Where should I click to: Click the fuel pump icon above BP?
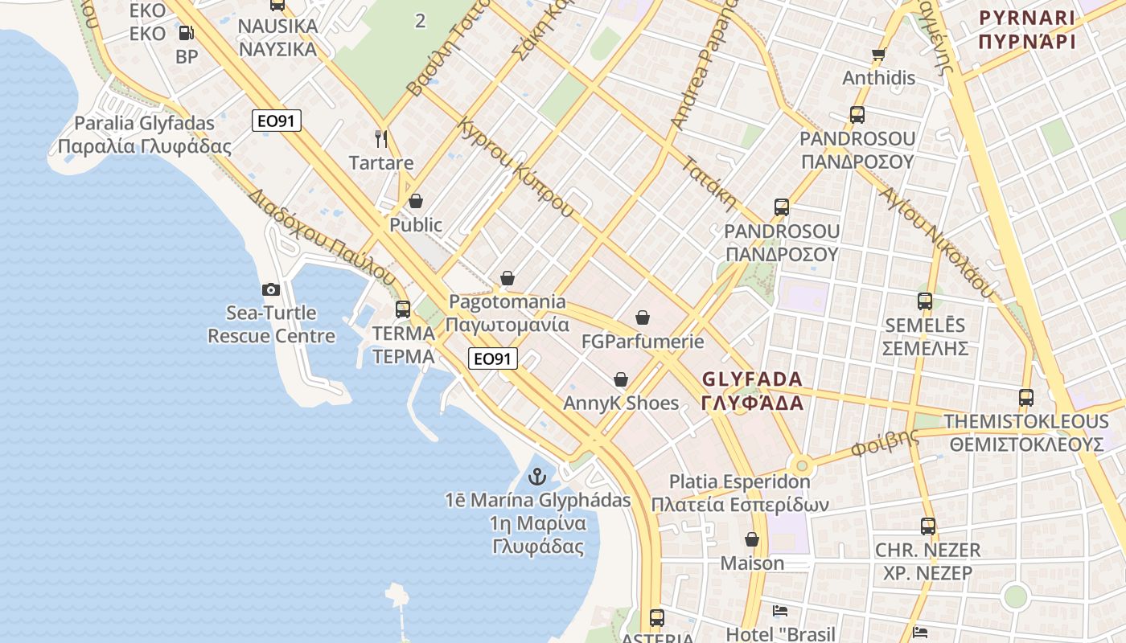click(186, 33)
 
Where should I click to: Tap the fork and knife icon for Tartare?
click(381, 138)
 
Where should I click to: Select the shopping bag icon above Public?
click(416, 200)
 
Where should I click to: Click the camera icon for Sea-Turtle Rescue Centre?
click(270, 289)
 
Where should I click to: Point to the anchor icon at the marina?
click(536, 477)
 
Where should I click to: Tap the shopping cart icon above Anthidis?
click(878, 55)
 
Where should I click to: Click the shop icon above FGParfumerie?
click(642, 318)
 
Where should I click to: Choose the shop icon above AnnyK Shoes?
click(620, 379)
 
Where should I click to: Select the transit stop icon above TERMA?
click(403, 309)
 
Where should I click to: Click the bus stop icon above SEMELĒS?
click(925, 301)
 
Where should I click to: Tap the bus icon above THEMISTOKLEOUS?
click(1025, 397)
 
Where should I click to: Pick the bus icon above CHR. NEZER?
click(927, 526)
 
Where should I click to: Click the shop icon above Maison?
click(751, 539)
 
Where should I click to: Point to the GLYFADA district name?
click(752, 391)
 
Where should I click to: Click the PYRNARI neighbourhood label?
click(1027, 29)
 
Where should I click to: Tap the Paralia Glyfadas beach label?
click(145, 135)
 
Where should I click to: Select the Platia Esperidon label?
click(740, 493)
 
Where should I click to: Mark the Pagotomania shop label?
click(507, 313)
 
